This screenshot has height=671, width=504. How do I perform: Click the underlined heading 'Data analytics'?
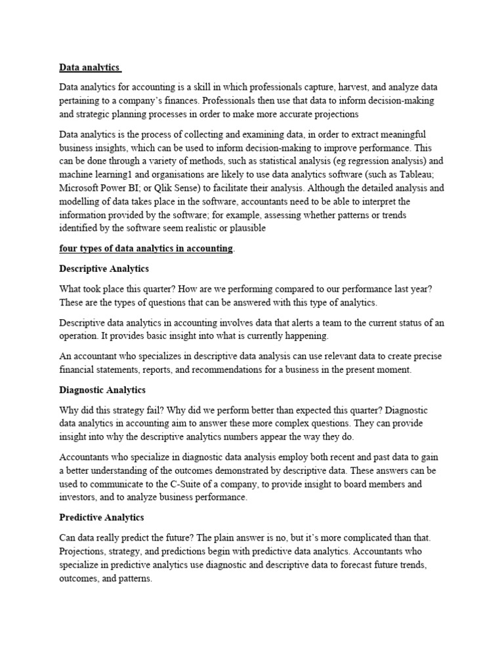click(89, 67)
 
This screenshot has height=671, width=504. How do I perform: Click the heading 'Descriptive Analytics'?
click(104, 269)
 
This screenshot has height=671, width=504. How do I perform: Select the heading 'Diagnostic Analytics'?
click(102, 390)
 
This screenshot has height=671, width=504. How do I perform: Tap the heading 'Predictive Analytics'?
click(102, 518)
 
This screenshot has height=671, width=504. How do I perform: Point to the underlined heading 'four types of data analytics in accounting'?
click(146, 248)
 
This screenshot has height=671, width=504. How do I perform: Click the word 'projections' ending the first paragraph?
click(333, 113)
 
